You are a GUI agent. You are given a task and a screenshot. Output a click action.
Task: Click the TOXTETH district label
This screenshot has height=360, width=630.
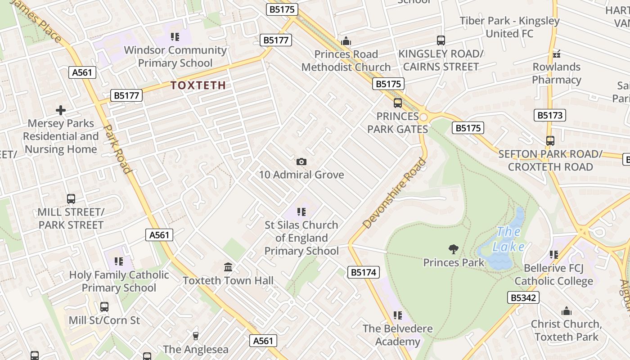point(198,85)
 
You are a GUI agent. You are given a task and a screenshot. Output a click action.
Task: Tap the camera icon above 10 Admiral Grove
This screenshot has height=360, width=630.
point(301,162)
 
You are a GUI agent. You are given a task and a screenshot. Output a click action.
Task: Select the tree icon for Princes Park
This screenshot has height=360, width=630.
point(454,249)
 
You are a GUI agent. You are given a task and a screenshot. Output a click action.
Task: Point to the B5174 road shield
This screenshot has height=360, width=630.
point(364,272)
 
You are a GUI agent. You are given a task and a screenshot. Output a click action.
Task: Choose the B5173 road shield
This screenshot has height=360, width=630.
point(550,115)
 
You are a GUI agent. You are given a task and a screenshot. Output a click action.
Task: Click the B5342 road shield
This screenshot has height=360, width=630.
point(523,297)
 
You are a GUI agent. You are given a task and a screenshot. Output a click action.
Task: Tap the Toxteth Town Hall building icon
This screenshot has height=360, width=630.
point(228,267)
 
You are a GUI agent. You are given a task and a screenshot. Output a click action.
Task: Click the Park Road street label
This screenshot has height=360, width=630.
point(117,149)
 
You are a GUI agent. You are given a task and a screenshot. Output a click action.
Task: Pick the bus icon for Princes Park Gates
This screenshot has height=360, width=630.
point(398,103)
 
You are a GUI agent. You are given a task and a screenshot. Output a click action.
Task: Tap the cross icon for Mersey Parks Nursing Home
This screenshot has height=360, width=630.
point(61,110)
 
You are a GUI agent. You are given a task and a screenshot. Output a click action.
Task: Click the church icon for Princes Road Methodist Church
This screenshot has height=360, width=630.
point(346,41)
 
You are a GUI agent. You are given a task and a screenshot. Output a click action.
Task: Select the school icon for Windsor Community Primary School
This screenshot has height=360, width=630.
point(175,37)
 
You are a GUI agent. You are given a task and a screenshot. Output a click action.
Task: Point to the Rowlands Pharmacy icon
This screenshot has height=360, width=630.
point(557,54)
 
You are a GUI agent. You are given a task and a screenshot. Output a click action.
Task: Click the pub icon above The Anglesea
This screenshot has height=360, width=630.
point(195,336)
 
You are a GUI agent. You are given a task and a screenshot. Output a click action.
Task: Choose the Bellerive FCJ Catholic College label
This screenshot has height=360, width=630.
point(553,274)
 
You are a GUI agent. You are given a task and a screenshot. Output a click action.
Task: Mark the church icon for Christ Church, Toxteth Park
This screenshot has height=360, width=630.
point(566,311)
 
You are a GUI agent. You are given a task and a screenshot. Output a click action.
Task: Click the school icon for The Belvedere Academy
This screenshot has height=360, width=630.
point(397,315)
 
